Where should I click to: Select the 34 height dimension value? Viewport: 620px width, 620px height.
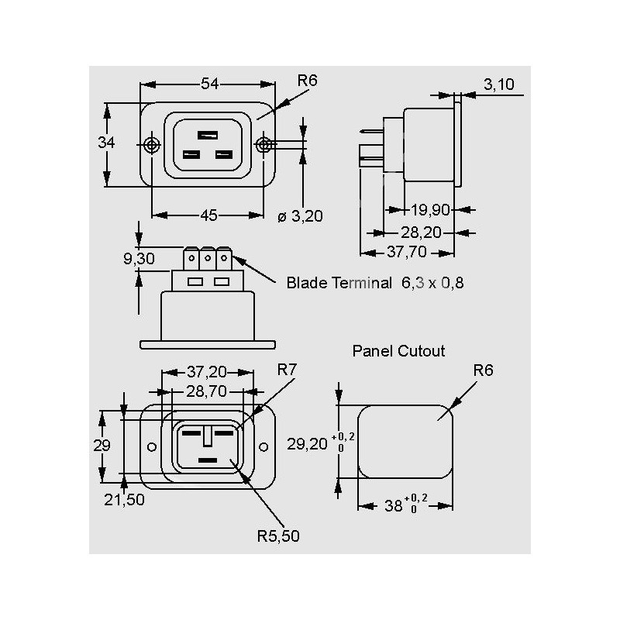coord(107,143)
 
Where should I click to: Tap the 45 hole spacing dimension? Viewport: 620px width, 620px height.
coord(208,215)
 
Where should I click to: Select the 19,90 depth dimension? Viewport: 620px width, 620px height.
coord(429,209)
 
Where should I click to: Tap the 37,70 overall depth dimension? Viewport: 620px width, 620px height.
coord(408,251)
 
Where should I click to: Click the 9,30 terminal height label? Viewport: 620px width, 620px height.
coord(139,259)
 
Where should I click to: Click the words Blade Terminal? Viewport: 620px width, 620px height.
coord(339,284)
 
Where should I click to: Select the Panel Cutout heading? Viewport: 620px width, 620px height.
coord(399,351)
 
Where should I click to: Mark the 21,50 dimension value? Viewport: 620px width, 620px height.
coord(124,500)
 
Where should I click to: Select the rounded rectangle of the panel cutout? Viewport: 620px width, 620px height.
coord(405,443)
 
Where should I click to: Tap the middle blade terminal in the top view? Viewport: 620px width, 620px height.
coord(207,257)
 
